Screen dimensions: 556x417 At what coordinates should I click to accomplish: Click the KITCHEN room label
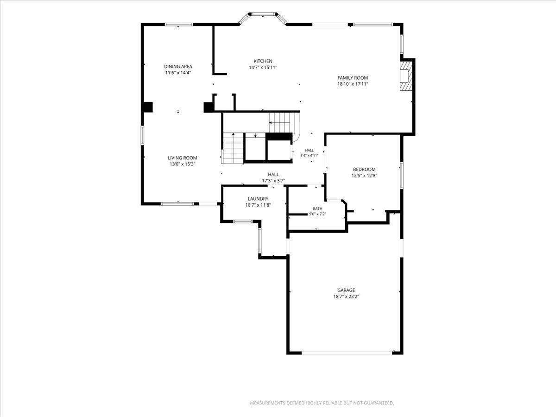click(x=263, y=61)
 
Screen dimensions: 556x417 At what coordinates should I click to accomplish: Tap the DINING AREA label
click(x=178, y=67)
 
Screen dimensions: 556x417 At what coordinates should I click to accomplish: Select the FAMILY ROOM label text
click(x=353, y=78)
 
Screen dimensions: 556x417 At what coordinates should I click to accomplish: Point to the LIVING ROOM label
click(x=183, y=158)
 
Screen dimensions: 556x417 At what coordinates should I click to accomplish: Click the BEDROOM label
click(x=364, y=170)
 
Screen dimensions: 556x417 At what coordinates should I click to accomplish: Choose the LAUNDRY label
click(x=258, y=199)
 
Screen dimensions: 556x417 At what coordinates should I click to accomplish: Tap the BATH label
click(x=317, y=208)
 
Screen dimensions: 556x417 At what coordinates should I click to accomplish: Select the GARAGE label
click(x=346, y=290)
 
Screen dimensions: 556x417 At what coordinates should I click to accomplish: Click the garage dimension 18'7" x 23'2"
click(x=346, y=297)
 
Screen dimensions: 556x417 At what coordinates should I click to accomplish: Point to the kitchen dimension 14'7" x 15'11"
click(x=263, y=67)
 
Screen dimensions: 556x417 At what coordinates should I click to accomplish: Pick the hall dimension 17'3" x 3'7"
click(x=273, y=181)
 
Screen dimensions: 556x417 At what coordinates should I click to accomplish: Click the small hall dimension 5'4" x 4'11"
click(x=310, y=156)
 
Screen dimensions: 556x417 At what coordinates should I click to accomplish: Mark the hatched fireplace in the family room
click(x=406, y=76)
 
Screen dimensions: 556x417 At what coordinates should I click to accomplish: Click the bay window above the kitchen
click(x=263, y=17)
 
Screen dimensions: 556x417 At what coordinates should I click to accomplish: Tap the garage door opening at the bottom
click(x=347, y=353)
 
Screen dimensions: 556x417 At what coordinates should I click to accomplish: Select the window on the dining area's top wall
click(x=179, y=25)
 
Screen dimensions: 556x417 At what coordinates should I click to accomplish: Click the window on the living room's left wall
click(x=143, y=135)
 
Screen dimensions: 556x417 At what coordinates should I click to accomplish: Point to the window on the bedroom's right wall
click(x=402, y=175)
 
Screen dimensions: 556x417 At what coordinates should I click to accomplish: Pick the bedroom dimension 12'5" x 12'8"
click(x=364, y=176)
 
